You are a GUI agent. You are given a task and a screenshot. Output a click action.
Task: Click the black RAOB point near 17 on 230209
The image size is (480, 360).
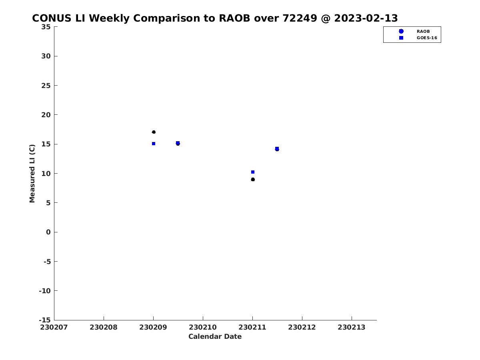click(x=154, y=132)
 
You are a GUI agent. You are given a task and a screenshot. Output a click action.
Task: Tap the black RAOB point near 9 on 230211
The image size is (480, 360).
click(x=253, y=180)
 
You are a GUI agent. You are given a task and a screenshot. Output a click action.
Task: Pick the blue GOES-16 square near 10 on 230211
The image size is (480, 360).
click(x=253, y=172)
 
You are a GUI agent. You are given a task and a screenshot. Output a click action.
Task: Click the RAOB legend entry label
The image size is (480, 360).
click(x=423, y=32)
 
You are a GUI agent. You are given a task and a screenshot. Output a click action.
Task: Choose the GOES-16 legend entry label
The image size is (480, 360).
click(x=427, y=38)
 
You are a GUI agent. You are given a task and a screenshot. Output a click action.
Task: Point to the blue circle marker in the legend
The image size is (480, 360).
click(x=401, y=31)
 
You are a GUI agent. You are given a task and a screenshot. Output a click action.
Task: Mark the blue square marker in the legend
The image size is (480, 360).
click(x=401, y=38)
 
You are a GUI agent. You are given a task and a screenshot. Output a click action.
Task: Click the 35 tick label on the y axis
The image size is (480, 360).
click(x=46, y=27)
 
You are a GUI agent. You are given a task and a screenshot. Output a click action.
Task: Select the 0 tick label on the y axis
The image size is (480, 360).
click(x=48, y=232)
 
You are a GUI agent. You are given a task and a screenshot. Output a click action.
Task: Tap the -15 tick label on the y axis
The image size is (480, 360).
click(x=45, y=320)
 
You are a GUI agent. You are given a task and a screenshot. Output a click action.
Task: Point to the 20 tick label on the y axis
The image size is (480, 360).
click(x=46, y=115)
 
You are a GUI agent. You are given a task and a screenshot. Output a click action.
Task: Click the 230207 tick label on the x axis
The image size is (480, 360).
click(x=54, y=327)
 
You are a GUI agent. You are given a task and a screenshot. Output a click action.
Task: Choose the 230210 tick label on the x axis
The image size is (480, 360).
click(x=203, y=327)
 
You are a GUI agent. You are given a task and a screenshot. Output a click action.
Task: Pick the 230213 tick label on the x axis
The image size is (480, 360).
click(x=352, y=327)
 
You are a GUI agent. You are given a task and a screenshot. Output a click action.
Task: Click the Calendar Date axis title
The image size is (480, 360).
click(x=215, y=336)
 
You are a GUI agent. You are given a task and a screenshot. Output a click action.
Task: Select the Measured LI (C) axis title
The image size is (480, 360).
click(x=32, y=174)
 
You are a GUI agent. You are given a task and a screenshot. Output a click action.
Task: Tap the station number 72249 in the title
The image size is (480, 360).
click(x=300, y=18)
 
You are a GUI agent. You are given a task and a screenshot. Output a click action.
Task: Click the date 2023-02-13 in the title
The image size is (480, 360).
click(x=366, y=18)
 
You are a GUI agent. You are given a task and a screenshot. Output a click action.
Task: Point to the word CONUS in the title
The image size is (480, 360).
click(x=52, y=18)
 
